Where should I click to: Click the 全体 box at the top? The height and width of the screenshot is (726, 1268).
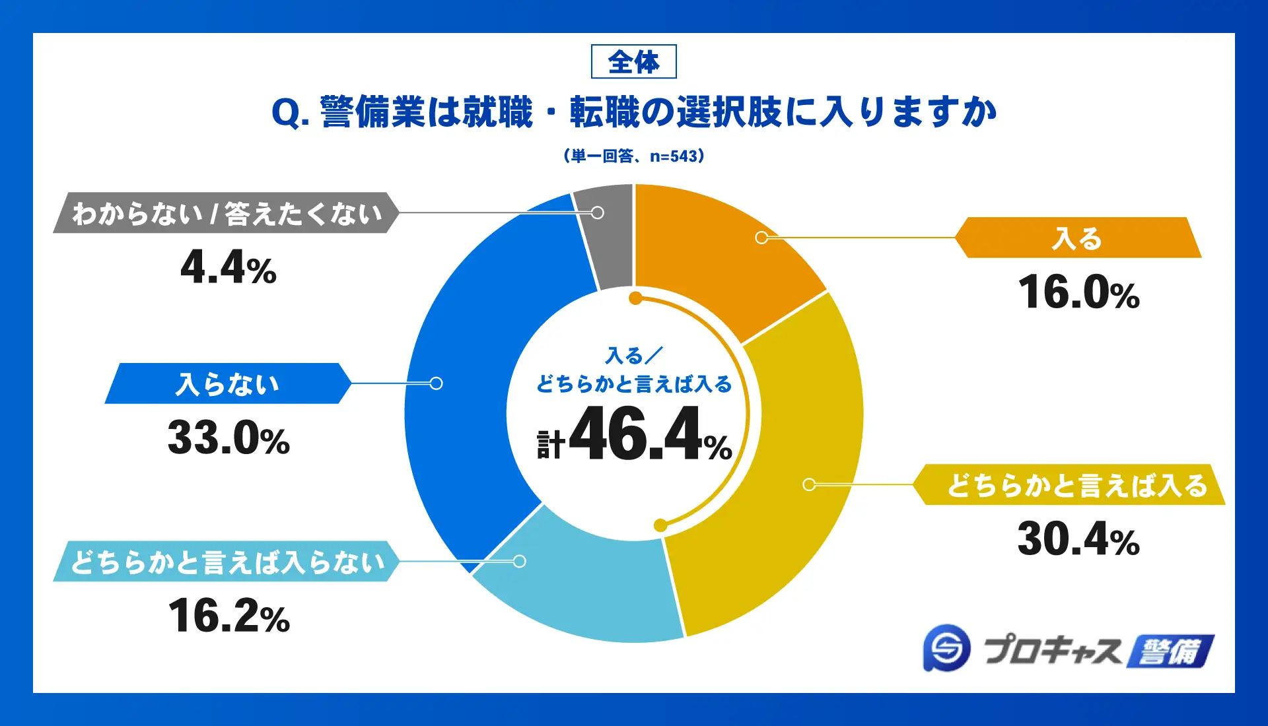click(x=633, y=62)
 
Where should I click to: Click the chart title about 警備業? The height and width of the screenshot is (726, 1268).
click(x=633, y=112)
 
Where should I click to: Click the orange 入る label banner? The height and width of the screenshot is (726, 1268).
click(x=1078, y=238)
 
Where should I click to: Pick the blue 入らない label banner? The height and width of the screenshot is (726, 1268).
click(x=228, y=383)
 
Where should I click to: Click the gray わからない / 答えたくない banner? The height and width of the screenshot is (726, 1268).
click(x=226, y=213)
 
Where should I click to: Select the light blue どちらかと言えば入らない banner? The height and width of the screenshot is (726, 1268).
click(x=226, y=562)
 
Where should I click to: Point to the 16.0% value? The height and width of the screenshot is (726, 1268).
click(x=1078, y=292)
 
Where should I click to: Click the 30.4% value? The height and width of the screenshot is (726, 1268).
click(x=1078, y=539)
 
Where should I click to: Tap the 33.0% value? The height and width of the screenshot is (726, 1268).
click(x=229, y=438)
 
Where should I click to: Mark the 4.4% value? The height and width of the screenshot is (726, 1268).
click(x=229, y=268)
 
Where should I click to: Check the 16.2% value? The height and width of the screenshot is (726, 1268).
click(x=229, y=616)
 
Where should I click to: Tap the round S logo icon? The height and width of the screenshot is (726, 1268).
click(x=947, y=648)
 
